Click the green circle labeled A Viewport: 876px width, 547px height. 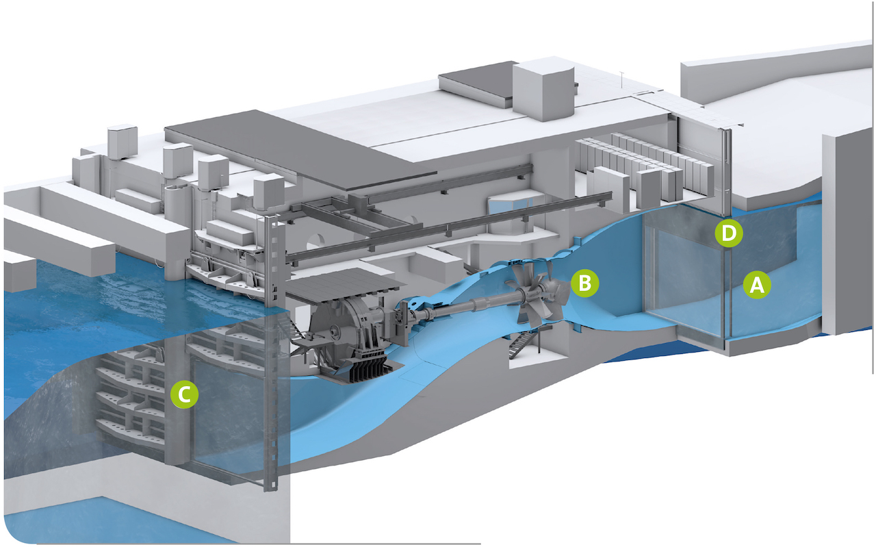point(756,284)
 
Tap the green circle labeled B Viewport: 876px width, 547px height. point(585,282)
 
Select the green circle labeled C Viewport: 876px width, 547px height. point(184,394)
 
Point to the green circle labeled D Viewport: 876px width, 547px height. point(730,233)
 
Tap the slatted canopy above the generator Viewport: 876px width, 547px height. point(342,288)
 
